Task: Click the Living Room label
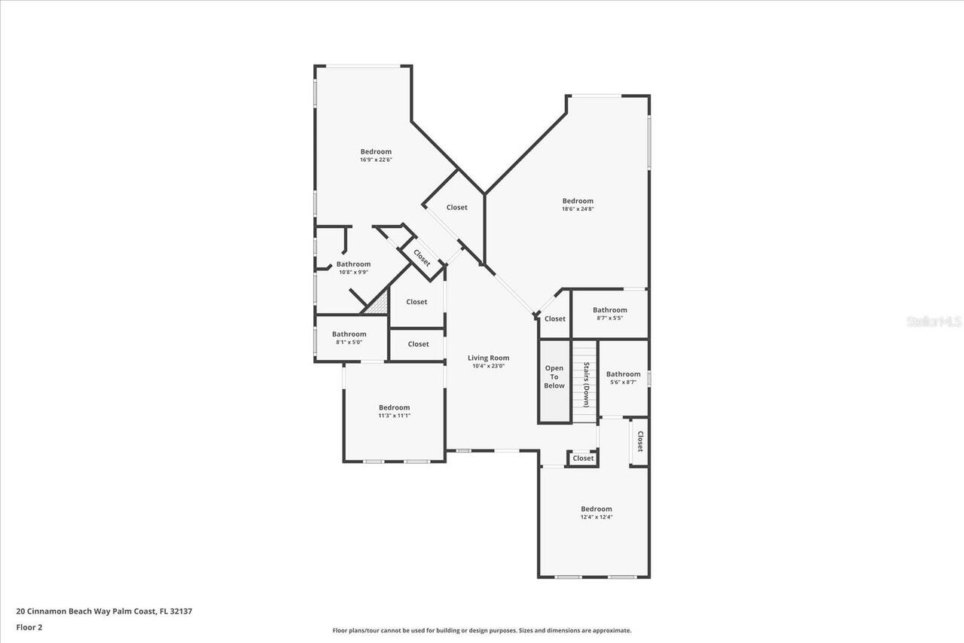(488, 358)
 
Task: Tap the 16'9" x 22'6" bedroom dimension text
(376, 160)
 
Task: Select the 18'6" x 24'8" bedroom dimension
(578, 209)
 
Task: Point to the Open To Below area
(554, 377)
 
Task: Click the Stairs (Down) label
(585, 385)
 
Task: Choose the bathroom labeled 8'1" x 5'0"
(349, 338)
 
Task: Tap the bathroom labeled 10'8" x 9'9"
(353, 268)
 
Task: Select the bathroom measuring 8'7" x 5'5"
(609, 314)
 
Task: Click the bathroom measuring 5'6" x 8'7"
(623, 378)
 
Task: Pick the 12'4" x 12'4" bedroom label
(596, 513)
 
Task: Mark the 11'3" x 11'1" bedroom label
(394, 412)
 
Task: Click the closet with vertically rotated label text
(639, 441)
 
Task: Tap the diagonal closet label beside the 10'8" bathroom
(422, 258)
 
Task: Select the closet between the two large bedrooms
(456, 207)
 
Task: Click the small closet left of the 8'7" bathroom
(555, 318)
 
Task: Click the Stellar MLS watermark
(934, 321)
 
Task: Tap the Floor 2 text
(29, 626)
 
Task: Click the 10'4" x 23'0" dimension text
(488, 367)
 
